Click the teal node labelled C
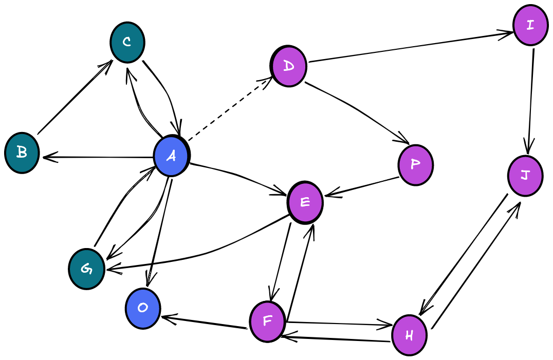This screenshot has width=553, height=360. pyautogui.click(x=127, y=42)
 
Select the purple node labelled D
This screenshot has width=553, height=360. pyautogui.click(x=289, y=66)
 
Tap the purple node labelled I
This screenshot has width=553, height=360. pyautogui.click(x=530, y=25)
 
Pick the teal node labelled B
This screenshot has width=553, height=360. pyautogui.click(x=22, y=153)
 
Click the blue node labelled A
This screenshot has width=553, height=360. pyautogui.click(x=171, y=156)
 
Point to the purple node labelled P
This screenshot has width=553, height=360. pyautogui.click(x=416, y=165)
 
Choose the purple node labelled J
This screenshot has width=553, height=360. pyautogui.click(x=525, y=176)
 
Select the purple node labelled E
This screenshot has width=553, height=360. pyautogui.click(x=305, y=202)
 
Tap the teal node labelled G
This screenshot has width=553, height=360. pyautogui.click(x=86, y=269)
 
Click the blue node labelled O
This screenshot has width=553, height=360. pyautogui.click(x=143, y=308)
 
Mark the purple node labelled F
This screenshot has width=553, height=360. pyautogui.click(x=267, y=321)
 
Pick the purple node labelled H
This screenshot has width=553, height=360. pyautogui.click(x=409, y=335)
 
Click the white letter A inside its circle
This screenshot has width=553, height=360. pyautogui.click(x=171, y=156)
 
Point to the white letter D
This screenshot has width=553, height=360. pyautogui.click(x=289, y=66)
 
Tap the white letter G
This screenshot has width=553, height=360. pyautogui.click(x=86, y=269)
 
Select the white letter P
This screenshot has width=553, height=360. pyautogui.click(x=415, y=164)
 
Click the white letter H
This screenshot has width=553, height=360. pyautogui.click(x=409, y=335)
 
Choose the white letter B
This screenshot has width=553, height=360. pyautogui.click(x=22, y=152)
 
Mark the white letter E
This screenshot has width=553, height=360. pyautogui.click(x=305, y=202)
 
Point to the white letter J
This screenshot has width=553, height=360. pyautogui.click(x=525, y=175)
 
